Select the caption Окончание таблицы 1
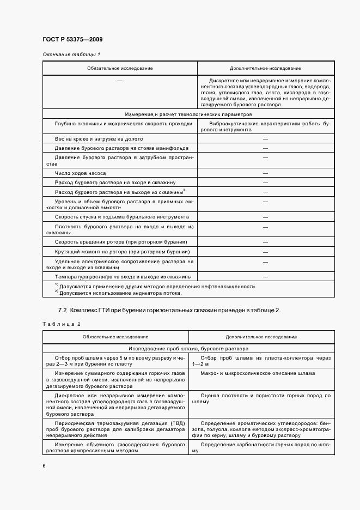pyautogui.click(x=71, y=54)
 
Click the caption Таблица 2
pyautogui.click(x=62, y=324)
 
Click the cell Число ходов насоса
pyautogui.click(x=80, y=173)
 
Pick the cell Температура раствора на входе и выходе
pyautogui.click(x=119, y=276)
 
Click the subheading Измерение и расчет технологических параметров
pyautogui.click(x=188, y=115)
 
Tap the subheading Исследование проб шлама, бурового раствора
pyautogui.click(x=188, y=348)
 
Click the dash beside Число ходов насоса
pyautogui.click(x=265, y=173)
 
